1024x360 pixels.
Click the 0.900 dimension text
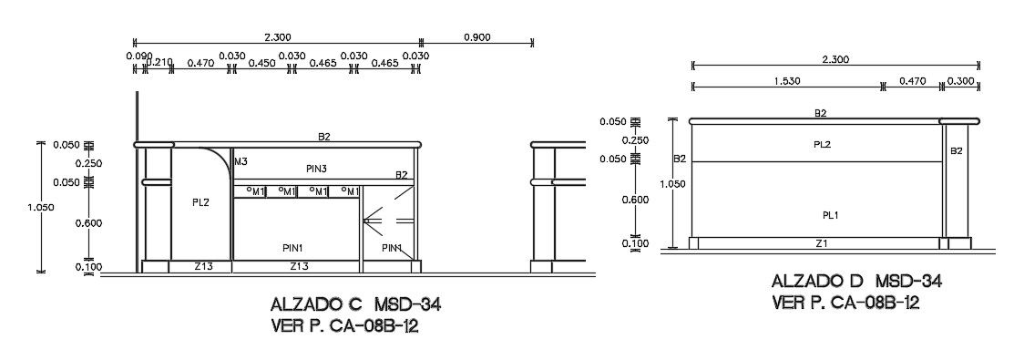[x=476, y=37]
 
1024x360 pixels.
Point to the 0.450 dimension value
[x=261, y=64]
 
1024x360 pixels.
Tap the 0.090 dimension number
[x=139, y=56]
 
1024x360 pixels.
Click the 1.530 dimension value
[x=786, y=81]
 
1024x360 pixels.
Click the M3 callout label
[x=241, y=160]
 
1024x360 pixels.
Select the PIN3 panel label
[x=316, y=169]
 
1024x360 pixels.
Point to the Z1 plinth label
[x=822, y=243]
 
